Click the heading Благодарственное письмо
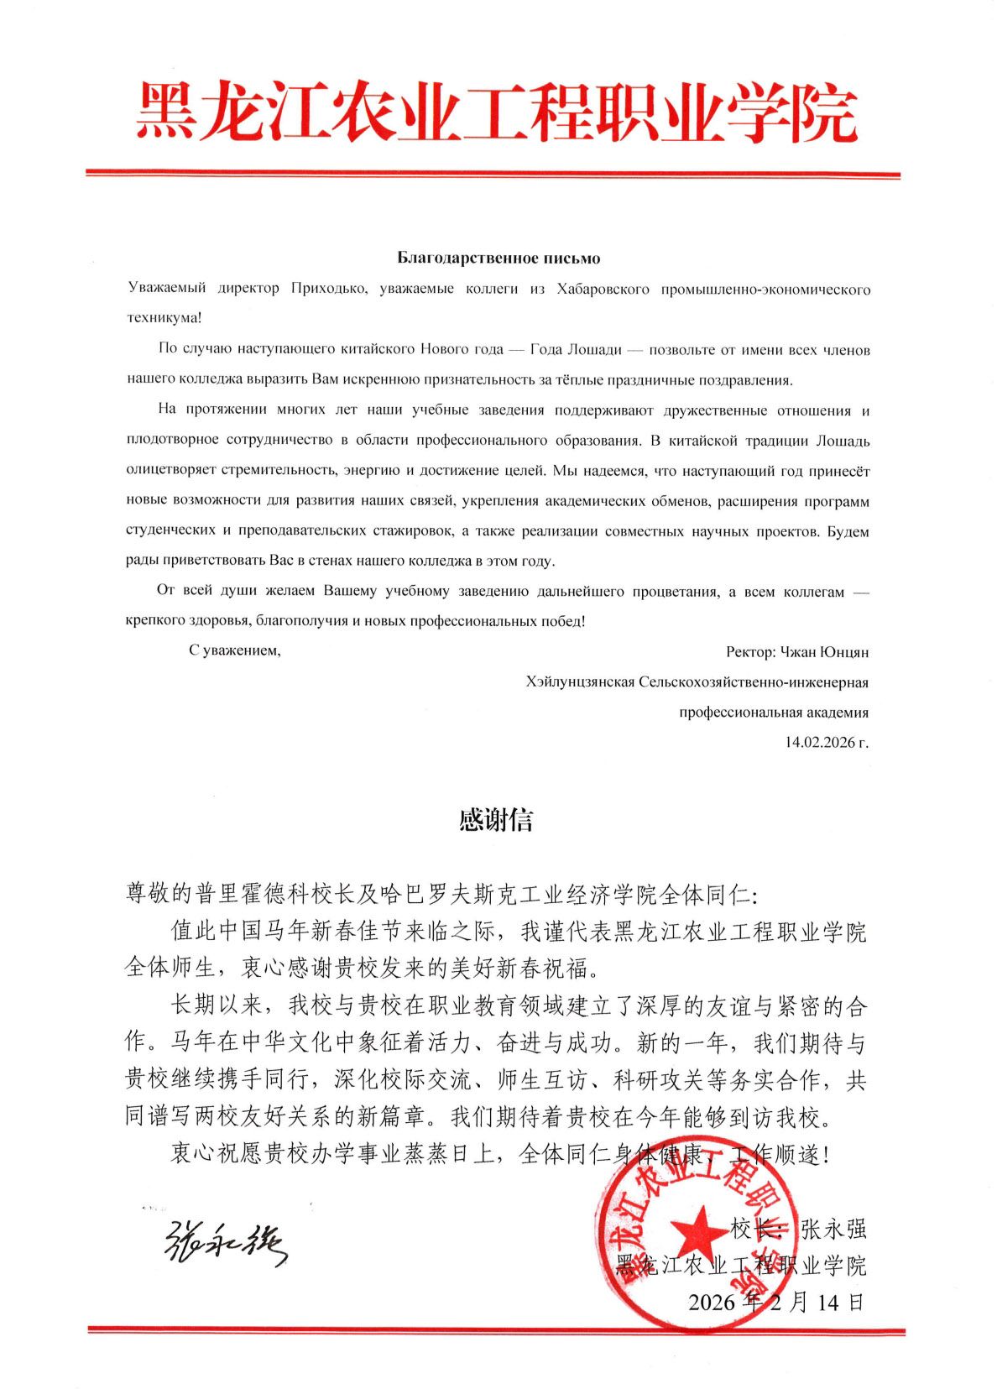498,258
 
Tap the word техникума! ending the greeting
164,318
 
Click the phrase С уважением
234,650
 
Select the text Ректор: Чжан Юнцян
797,651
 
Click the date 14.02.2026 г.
826,742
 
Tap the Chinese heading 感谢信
497,820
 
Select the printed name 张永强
833,1230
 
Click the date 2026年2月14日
776,1302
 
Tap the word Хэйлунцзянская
580,681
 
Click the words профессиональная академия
773,712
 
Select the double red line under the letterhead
493,175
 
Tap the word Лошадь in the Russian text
843,440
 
